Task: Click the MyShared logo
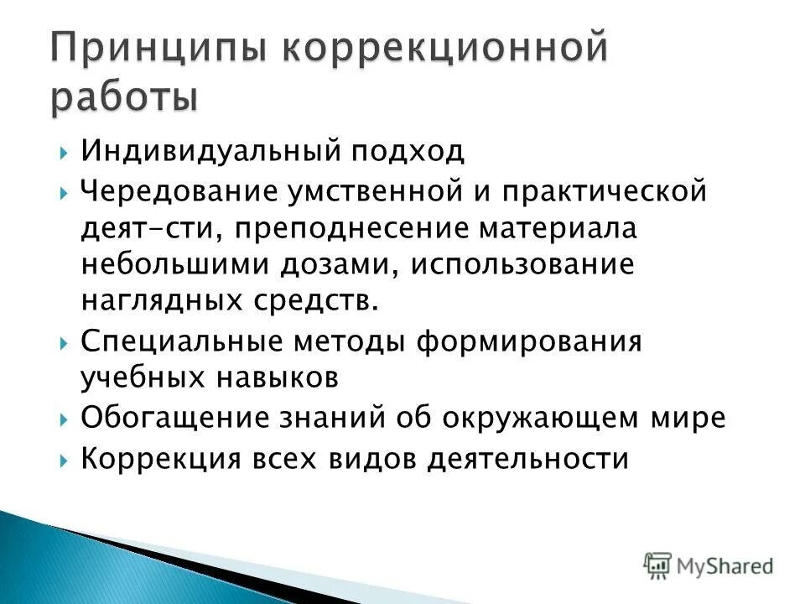tap(709, 565)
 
